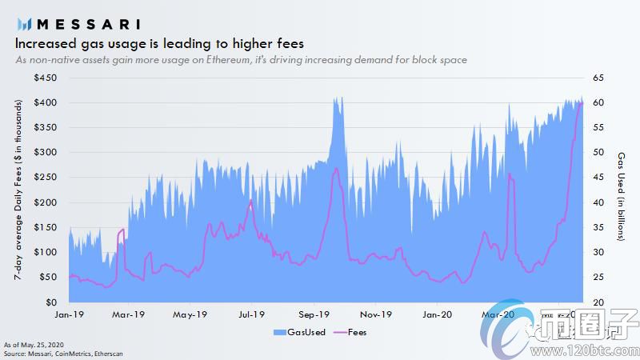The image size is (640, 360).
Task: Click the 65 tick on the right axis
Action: tap(598, 78)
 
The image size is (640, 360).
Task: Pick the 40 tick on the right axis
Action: tap(598, 203)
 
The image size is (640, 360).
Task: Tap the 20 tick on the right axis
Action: tap(598, 303)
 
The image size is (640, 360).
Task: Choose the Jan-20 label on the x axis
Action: tap(436, 314)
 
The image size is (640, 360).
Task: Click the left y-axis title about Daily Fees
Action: tap(18, 190)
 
